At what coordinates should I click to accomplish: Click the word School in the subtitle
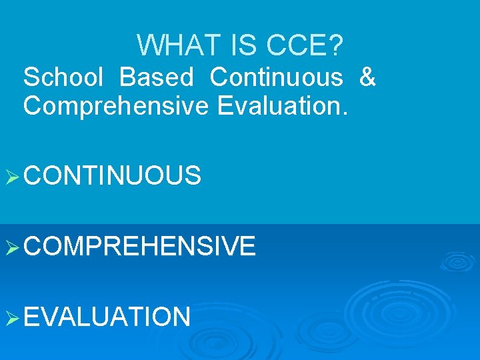[63, 77]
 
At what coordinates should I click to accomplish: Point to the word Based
[157, 77]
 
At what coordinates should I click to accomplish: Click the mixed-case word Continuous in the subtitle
[277, 77]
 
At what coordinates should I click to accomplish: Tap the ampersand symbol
[367, 77]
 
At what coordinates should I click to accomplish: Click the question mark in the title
[337, 45]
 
